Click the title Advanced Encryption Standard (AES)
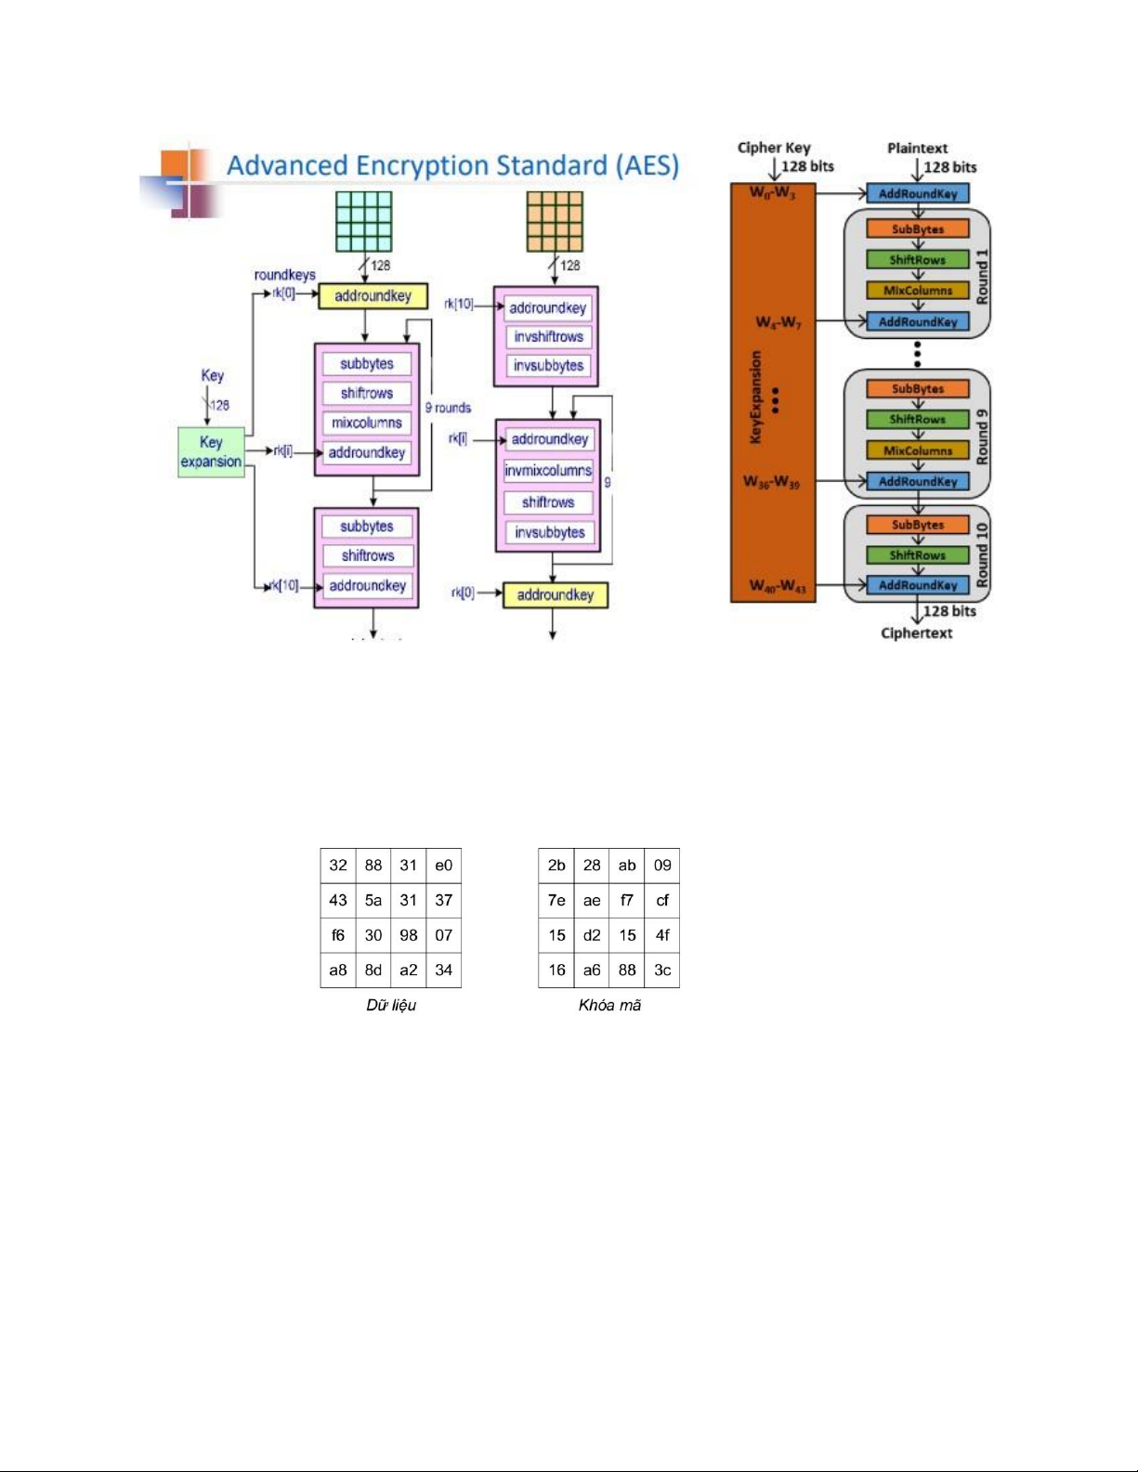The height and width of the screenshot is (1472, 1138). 452,165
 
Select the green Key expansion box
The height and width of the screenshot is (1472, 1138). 211,452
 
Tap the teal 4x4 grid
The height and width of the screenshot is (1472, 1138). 364,221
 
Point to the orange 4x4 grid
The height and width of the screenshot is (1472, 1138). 555,221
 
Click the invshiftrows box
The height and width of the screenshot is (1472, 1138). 548,336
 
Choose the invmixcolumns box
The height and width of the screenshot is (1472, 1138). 548,471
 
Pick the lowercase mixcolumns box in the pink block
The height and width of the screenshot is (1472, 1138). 367,423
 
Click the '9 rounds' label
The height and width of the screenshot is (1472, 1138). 448,408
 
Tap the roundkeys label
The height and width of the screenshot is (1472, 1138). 284,275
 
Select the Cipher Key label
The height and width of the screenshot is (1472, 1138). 774,148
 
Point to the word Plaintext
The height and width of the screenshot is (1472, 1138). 917,148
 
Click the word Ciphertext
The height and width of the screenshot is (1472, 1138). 916,633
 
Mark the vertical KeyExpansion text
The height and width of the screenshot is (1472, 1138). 755,397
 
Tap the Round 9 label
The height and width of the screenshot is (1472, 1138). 982,436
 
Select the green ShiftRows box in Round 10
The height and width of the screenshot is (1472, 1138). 917,555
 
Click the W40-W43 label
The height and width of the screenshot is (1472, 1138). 778,586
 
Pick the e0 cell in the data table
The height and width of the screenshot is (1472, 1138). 444,866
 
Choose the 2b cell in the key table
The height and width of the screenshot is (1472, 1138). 556,866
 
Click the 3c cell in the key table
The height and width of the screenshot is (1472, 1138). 662,970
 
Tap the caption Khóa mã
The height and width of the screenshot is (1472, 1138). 609,1005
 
